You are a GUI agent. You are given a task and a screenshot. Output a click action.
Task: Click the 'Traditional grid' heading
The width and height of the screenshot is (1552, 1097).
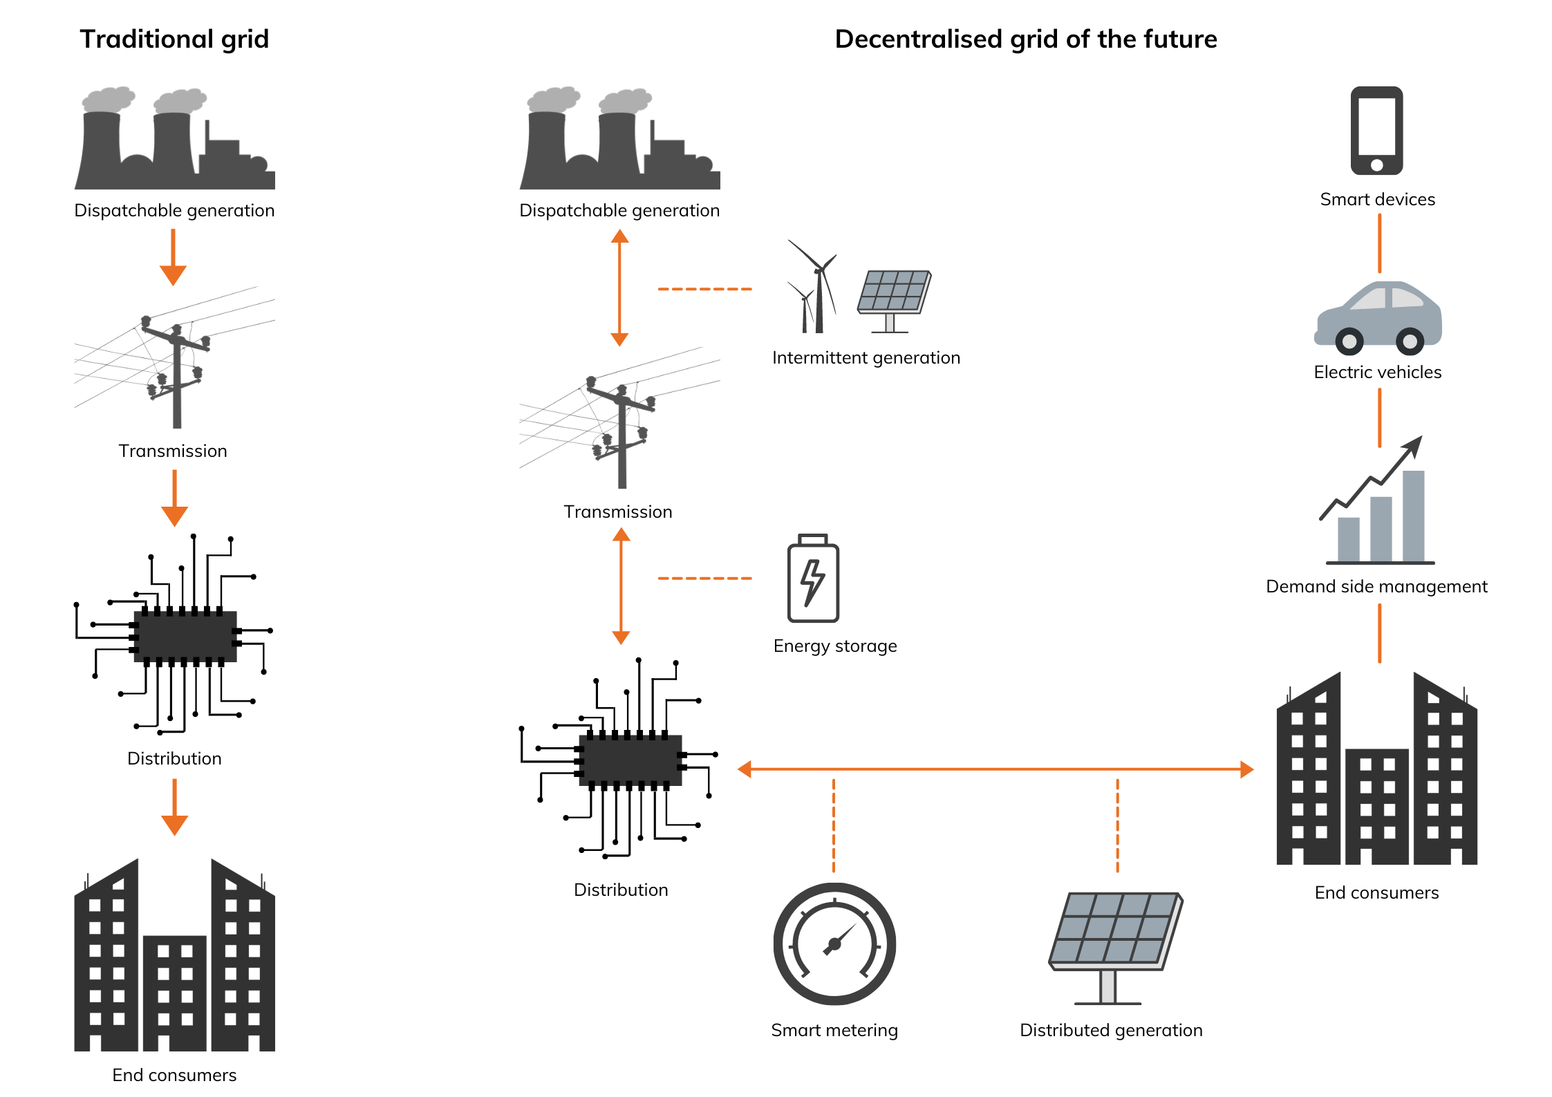tap(174, 39)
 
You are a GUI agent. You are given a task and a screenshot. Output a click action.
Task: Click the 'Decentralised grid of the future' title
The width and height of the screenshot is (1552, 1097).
tap(1025, 39)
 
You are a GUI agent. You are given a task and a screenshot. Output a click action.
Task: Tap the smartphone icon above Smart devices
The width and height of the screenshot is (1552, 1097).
tap(1376, 130)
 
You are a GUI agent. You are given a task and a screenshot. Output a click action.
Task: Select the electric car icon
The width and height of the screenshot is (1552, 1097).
tap(1378, 317)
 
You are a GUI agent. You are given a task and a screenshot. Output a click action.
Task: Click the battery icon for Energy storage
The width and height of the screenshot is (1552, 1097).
tap(813, 579)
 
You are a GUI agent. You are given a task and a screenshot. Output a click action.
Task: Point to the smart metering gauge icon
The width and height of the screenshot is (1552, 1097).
tap(834, 944)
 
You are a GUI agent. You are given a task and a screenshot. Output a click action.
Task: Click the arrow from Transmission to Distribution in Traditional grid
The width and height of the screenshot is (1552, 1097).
tap(174, 498)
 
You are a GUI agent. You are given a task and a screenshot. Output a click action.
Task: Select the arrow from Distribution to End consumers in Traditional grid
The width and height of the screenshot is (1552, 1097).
tap(174, 807)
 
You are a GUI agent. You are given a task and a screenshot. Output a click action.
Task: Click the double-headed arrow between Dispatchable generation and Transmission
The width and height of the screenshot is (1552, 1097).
tap(619, 288)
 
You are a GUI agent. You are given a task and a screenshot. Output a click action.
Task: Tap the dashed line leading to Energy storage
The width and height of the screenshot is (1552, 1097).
tap(704, 578)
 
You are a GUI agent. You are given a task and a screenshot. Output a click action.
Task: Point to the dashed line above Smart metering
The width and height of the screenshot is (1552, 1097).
tap(834, 826)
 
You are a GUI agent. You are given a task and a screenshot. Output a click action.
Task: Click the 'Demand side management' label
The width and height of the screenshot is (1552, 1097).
tap(1376, 586)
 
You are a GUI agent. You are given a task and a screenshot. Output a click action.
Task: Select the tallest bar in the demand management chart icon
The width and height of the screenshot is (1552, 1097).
tap(1413, 515)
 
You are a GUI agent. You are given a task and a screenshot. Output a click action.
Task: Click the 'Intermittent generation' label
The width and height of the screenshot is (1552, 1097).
tap(866, 357)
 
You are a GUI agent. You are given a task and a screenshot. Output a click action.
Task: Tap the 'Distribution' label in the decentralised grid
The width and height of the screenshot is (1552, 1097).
tap(621, 890)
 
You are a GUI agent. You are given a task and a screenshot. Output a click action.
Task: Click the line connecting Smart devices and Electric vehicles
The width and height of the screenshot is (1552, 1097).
tap(1379, 243)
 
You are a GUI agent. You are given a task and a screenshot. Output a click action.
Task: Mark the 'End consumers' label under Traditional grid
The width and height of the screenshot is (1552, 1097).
tap(174, 1075)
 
